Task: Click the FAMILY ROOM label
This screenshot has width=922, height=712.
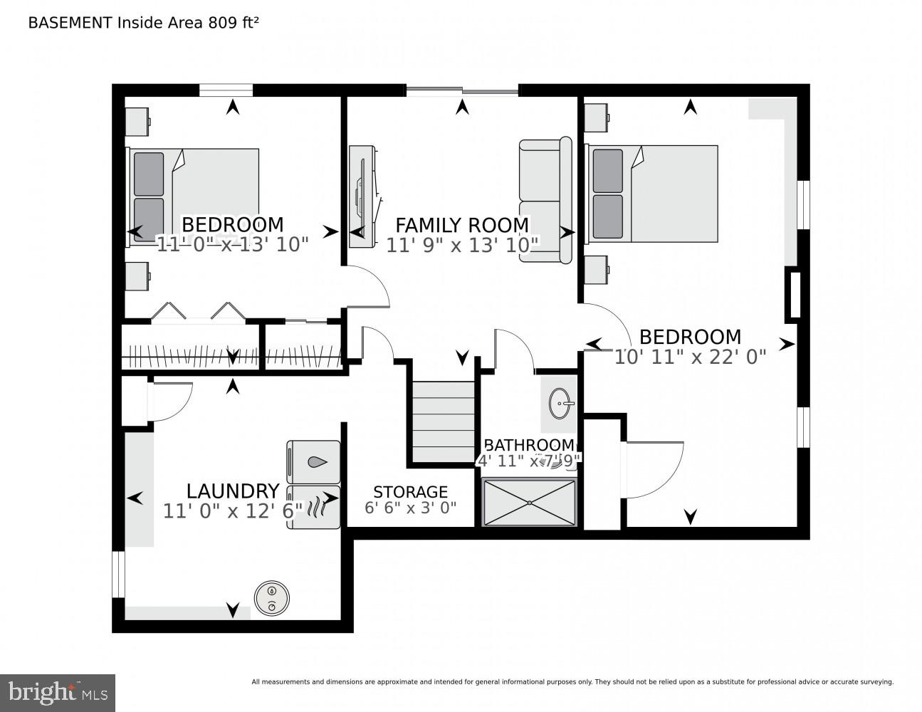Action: [462, 225]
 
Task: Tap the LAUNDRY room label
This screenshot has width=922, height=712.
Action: [232, 491]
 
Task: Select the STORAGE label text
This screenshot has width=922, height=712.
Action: [410, 492]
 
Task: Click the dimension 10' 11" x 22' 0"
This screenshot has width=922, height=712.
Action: [690, 357]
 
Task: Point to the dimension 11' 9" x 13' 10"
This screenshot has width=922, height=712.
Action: [462, 246]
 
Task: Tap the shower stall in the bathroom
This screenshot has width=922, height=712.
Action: [530, 503]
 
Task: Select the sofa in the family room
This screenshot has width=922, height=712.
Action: [545, 200]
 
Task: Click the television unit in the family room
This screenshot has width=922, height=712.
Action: [363, 195]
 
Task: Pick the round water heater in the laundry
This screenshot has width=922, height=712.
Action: [272, 597]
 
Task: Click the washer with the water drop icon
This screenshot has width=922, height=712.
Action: [313, 462]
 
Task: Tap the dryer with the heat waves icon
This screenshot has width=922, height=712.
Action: [313, 508]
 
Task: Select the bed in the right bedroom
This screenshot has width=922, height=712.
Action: [651, 194]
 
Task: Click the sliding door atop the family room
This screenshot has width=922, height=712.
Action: [462, 90]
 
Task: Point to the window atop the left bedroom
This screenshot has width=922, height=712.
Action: [226, 90]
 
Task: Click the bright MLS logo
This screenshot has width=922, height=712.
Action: [58, 692]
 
